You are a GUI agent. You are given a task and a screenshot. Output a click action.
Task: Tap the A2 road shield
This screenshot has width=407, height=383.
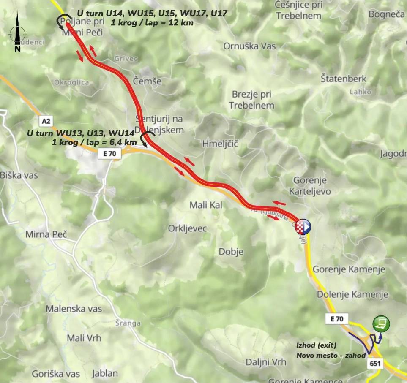click(x=46, y=121)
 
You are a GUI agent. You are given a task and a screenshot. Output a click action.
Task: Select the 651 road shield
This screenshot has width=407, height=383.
click(x=374, y=364)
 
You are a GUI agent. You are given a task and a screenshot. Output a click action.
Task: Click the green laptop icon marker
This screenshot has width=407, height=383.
click(x=381, y=324)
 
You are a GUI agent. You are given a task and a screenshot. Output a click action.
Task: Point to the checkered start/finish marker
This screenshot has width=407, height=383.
click(x=303, y=227)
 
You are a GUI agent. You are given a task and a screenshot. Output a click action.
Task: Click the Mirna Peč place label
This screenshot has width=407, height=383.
click(x=46, y=234)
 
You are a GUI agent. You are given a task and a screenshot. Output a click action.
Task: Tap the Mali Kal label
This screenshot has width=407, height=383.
click(x=205, y=205)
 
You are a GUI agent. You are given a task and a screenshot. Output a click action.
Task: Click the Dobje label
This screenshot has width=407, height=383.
click(x=231, y=252)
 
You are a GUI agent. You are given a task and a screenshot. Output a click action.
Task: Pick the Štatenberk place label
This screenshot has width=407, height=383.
click(x=344, y=79)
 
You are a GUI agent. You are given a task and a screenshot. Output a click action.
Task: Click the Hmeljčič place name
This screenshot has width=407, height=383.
click(x=220, y=144)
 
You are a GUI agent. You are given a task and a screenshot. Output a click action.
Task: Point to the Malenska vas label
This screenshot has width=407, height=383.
click(x=74, y=309)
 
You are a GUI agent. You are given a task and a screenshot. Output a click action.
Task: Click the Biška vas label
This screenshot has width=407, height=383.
click(x=19, y=175)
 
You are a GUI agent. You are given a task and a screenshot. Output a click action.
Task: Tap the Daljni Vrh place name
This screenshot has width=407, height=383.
click(x=266, y=362)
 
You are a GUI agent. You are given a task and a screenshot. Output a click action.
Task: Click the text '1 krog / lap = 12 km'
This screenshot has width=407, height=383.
click(x=152, y=22)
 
